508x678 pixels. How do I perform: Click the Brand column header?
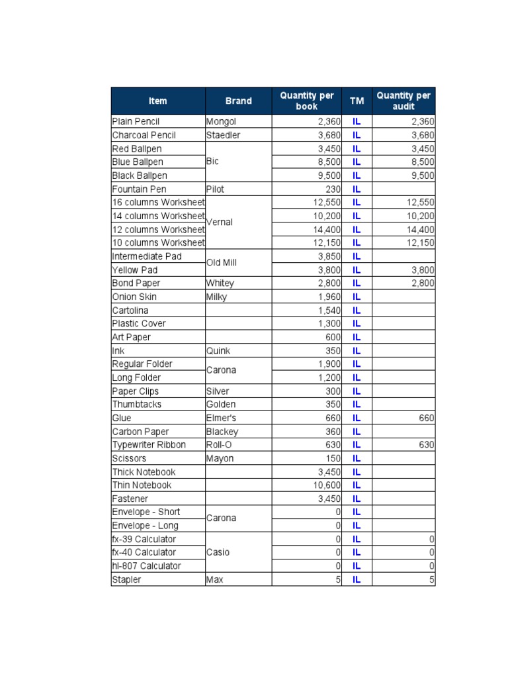tap(238, 101)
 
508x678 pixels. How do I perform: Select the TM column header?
tap(357, 101)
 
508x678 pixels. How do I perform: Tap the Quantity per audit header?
tap(403, 101)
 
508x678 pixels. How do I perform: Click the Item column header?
tap(158, 101)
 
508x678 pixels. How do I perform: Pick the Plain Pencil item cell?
tap(136, 122)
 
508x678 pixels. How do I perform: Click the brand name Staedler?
tap(223, 135)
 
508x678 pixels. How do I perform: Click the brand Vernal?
tap(220, 222)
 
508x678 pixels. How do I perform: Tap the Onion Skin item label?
tap(134, 297)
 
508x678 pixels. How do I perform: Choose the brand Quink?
tap(218, 351)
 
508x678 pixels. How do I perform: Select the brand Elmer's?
tap(221, 418)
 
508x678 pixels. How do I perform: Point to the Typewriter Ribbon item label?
tap(149, 445)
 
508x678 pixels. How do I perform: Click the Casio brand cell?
tap(218, 552)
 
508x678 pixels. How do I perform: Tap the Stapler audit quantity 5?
tap(431, 579)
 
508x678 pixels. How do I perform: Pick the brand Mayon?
tap(220, 458)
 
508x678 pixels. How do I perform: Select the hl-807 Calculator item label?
tap(146, 566)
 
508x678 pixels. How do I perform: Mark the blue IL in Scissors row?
tap(357, 458)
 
